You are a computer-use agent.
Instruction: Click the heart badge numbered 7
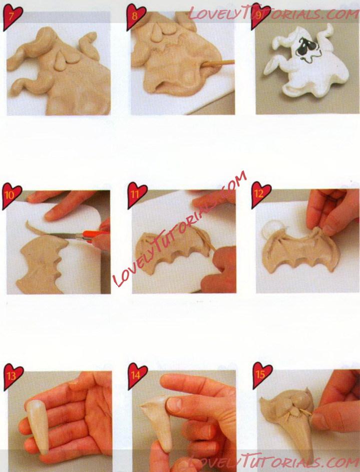pos(12,17)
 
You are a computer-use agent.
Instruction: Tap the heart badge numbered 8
pos(135,17)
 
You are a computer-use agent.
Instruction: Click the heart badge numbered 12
pos(260,194)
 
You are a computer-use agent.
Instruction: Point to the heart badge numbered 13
pos(13,376)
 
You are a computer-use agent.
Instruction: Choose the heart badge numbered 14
pos(137,376)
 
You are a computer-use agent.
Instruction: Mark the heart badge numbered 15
pos(262,375)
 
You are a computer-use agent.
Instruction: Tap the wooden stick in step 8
pos(218,63)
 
